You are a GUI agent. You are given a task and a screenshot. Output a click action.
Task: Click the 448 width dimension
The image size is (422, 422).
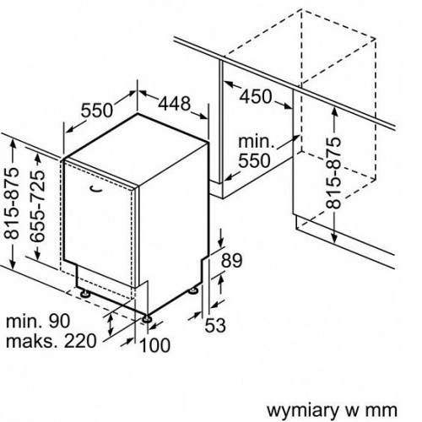point(175,103)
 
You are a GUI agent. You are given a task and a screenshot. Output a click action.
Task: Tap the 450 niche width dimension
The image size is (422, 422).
point(256,96)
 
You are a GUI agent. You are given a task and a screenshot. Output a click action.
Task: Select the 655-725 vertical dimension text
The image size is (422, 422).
point(37,206)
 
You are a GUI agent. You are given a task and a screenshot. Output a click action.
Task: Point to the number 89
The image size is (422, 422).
point(231,261)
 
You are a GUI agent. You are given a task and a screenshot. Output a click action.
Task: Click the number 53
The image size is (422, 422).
point(215,325)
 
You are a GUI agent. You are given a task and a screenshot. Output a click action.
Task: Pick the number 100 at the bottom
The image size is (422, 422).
point(154,345)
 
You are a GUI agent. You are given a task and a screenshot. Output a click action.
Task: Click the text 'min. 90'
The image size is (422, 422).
point(38,321)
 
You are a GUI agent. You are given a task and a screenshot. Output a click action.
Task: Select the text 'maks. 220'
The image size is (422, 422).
point(51,341)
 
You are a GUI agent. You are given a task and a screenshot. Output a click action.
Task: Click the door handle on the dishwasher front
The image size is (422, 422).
point(95,189)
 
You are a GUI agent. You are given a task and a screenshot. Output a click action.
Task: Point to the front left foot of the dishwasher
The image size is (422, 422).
point(85,294)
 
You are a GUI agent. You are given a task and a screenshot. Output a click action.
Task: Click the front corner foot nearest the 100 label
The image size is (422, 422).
point(147,319)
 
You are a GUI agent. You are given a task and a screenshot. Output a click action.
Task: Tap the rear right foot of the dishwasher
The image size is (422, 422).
point(194,290)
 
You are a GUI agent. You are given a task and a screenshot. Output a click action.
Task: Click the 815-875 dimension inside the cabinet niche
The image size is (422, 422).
point(333,173)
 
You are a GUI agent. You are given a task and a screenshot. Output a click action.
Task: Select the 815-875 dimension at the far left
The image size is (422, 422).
point(12,203)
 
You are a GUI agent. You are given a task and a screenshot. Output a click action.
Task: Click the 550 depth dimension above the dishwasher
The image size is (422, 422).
point(97,110)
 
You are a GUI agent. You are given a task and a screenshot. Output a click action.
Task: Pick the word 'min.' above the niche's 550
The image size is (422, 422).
point(256,141)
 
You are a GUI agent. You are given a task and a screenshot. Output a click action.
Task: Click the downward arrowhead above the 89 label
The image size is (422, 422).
point(221,241)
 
